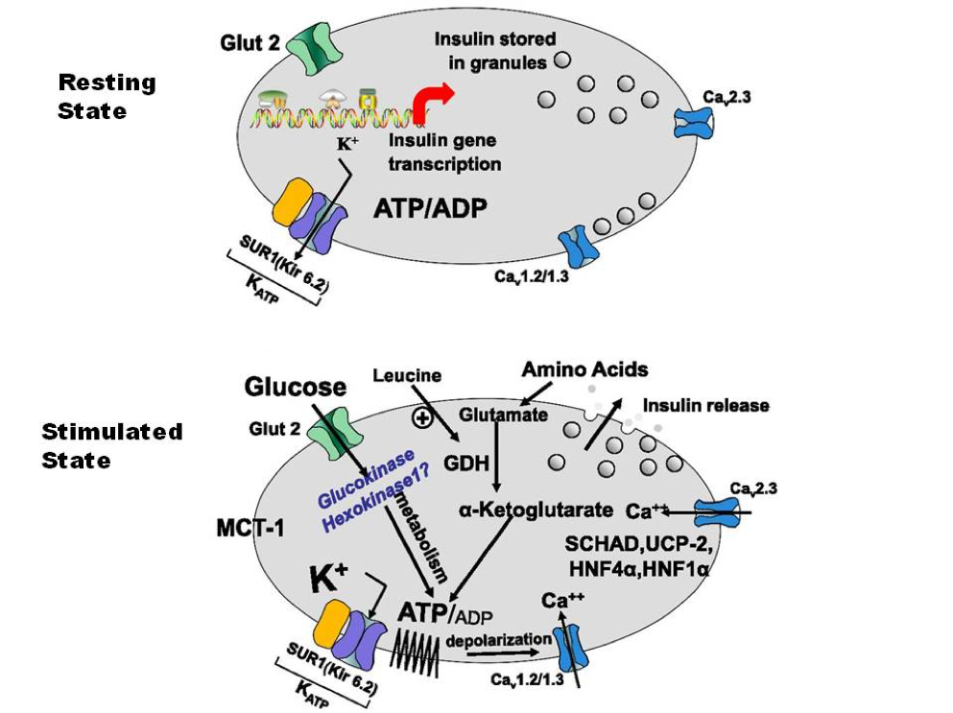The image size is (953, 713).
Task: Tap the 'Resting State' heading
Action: coord(107,97)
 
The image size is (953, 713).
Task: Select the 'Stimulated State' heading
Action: coord(112,445)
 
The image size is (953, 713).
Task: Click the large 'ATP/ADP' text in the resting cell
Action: coord(430,208)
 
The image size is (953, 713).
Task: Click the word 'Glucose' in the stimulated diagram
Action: coord(296,387)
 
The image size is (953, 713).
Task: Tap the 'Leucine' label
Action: coord(407,375)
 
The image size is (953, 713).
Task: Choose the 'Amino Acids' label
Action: coord(584,368)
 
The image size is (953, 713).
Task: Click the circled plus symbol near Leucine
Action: coord(422,417)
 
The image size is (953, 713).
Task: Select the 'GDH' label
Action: coord(466,463)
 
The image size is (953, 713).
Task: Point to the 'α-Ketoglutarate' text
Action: coord(536,510)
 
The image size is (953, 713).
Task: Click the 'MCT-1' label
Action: coord(250,528)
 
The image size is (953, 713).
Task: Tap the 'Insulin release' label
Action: coord(705,405)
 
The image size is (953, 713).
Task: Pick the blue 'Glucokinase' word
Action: coord(366,478)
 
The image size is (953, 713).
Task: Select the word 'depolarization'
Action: coord(498,640)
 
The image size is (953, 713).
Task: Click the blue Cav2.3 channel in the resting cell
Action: coord(694,124)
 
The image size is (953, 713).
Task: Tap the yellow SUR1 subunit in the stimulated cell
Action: coord(331,626)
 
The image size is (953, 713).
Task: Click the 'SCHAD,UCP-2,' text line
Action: coord(638,543)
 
